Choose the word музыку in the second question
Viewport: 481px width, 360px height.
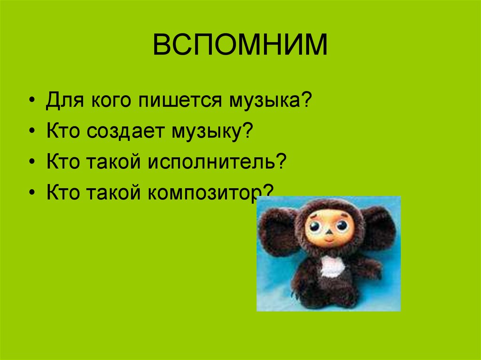pos(207,132)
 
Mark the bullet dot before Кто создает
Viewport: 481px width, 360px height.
pos(32,132)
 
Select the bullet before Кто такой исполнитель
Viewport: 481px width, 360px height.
pos(32,162)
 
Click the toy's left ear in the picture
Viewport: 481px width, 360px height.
pos(279,230)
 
